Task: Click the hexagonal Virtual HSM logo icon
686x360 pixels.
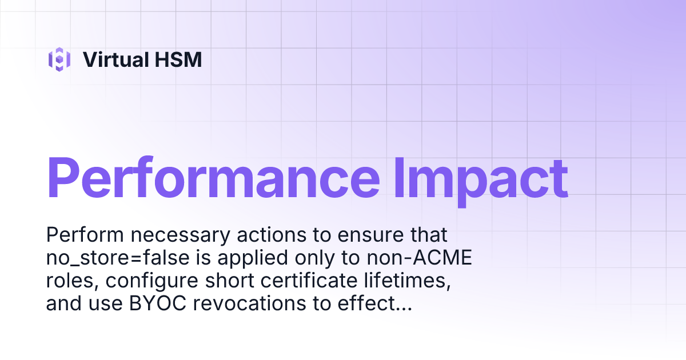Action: (59, 59)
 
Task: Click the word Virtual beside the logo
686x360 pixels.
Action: (111, 59)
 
